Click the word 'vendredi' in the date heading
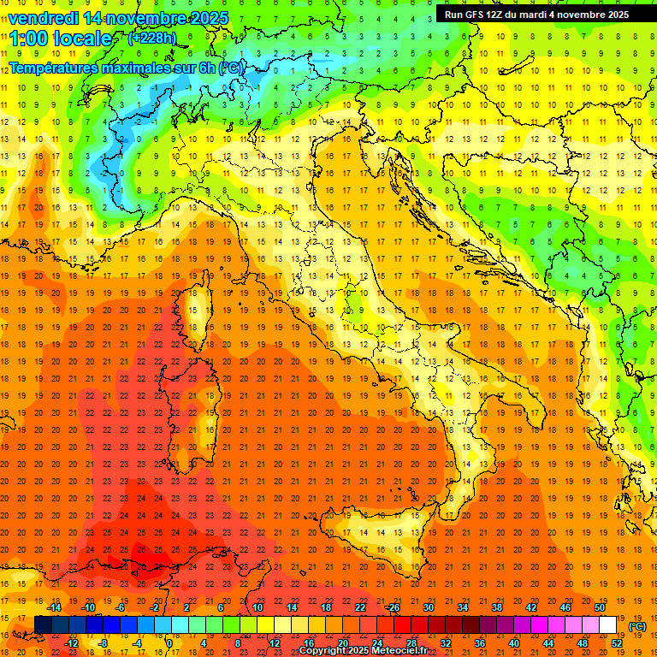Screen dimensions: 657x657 [46, 18]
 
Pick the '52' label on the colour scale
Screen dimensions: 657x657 [617, 643]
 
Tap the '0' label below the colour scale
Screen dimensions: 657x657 [169, 643]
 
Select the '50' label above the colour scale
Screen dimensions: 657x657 [600, 607]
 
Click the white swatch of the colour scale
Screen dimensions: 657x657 [607, 625]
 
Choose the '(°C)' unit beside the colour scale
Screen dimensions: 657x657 [637, 626]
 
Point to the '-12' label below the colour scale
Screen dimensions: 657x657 [72, 643]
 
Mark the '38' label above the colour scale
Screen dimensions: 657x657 [497, 607]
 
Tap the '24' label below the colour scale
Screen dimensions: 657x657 [377, 643]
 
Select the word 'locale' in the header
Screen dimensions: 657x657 [84, 38]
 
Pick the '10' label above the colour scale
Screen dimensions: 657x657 [257, 607]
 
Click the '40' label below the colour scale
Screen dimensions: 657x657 [514, 643]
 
